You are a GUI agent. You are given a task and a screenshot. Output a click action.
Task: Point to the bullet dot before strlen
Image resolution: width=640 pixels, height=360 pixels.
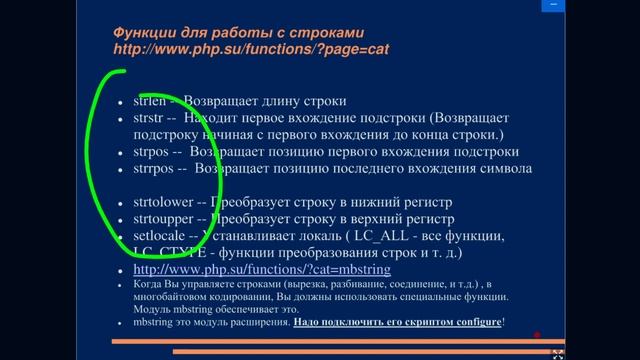[120, 103]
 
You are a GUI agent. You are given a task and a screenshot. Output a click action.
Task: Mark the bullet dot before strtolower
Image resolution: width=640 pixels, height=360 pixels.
[120, 204]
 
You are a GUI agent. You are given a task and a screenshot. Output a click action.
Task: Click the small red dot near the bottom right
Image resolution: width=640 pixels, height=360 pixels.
[537, 335]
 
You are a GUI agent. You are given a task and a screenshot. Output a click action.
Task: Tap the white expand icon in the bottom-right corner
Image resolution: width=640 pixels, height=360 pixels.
[558, 351]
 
